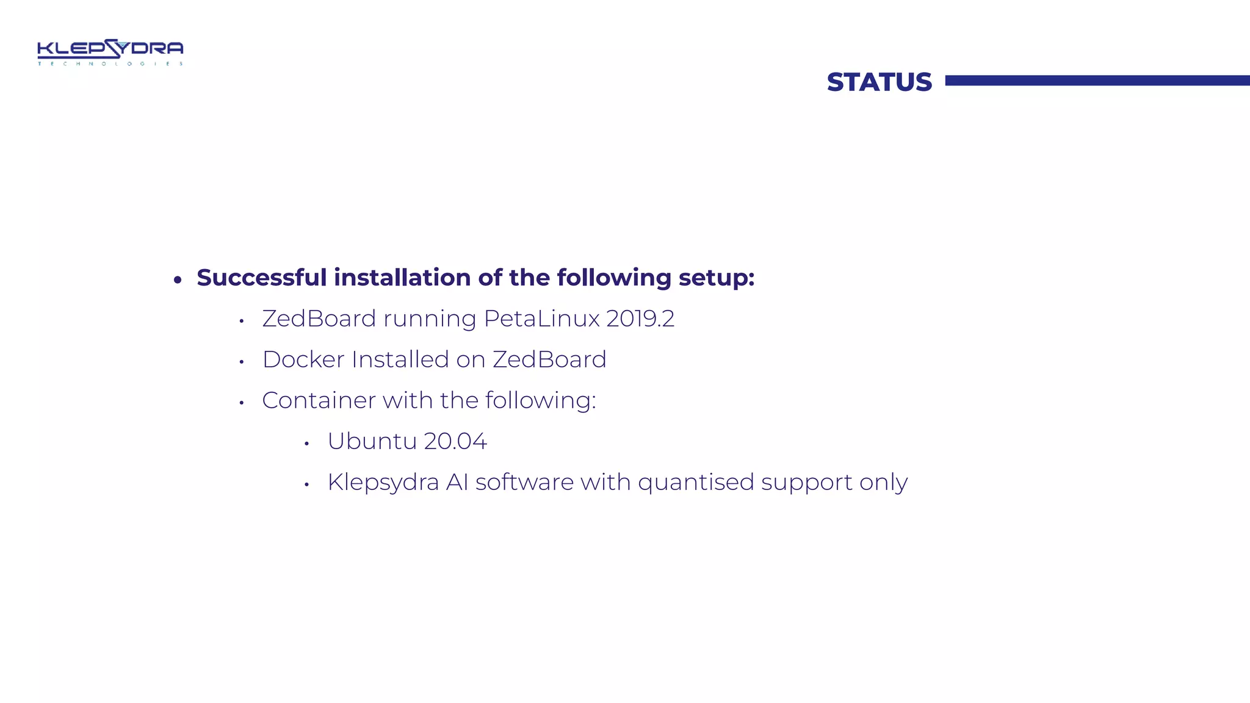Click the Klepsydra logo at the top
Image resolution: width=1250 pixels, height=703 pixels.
pyautogui.click(x=110, y=52)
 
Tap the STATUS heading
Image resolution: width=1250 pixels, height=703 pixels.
pyautogui.click(x=879, y=82)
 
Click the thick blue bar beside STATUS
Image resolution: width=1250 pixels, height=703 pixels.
pyautogui.click(x=1097, y=81)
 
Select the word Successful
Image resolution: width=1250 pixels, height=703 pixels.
pyautogui.click(x=261, y=278)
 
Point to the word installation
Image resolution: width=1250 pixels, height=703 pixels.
pyautogui.click(x=402, y=278)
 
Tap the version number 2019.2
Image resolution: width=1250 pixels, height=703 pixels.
pyautogui.click(x=640, y=319)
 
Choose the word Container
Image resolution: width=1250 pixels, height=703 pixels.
pyautogui.click(x=319, y=400)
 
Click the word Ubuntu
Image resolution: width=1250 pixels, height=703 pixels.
pyautogui.click(x=372, y=441)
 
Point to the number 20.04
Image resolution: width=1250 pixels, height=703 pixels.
pyautogui.click(x=455, y=441)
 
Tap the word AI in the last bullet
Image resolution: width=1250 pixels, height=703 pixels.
pyautogui.click(x=457, y=482)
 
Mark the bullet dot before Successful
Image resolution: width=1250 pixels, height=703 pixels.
pyautogui.click(x=178, y=280)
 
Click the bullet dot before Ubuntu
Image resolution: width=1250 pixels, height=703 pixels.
pyautogui.click(x=307, y=444)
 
